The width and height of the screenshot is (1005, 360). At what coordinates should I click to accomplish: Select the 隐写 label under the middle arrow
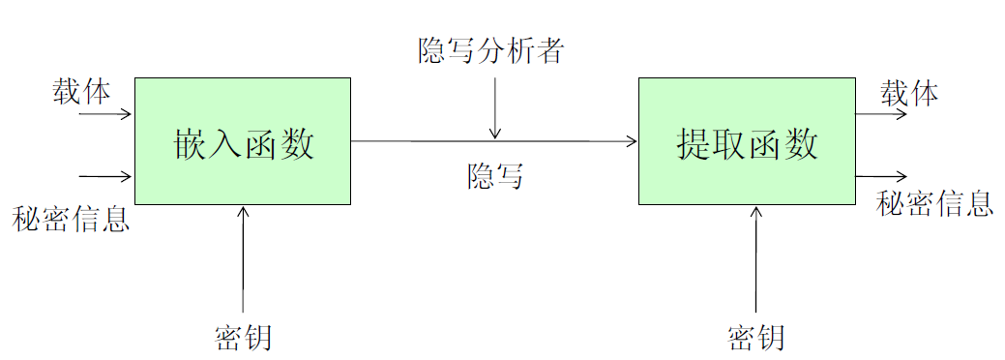pyautogui.click(x=495, y=176)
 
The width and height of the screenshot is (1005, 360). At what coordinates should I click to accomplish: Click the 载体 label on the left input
pyautogui.click(x=81, y=93)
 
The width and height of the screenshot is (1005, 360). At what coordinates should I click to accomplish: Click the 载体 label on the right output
pyautogui.click(x=908, y=94)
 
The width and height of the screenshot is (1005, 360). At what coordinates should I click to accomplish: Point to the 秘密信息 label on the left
pyautogui.click(x=71, y=219)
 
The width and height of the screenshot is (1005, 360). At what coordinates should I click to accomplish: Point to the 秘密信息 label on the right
pyautogui.click(x=934, y=203)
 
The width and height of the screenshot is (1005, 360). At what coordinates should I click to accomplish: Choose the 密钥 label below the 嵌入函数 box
pyautogui.click(x=243, y=338)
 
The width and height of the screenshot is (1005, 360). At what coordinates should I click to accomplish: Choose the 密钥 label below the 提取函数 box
pyautogui.click(x=754, y=338)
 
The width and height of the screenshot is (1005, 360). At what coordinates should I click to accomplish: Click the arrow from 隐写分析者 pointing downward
pyautogui.click(x=495, y=106)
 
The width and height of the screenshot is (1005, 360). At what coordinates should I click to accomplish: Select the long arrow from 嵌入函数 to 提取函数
pyautogui.click(x=493, y=141)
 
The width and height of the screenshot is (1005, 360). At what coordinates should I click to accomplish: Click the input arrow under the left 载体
pyautogui.click(x=104, y=114)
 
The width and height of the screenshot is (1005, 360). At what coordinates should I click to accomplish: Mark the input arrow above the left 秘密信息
pyautogui.click(x=104, y=176)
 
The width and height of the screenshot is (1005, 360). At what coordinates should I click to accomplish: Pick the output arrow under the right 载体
pyautogui.click(x=880, y=114)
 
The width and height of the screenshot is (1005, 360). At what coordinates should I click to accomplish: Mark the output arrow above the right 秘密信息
pyautogui.click(x=880, y=176)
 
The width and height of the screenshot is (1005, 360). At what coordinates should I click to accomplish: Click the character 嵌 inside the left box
pyautogui.click(x=190, y=143)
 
